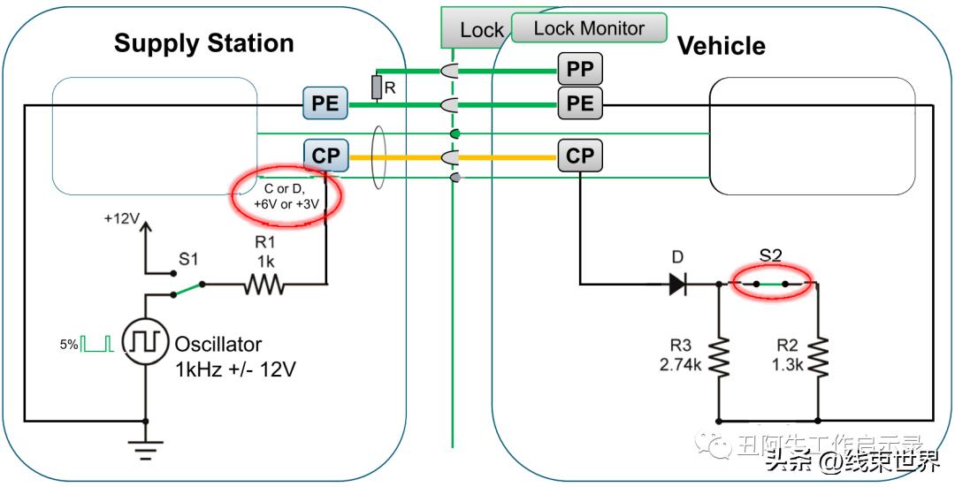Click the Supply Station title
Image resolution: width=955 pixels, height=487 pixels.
203,43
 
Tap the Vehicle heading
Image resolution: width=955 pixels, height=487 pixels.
721,46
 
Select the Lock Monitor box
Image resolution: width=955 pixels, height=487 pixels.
589,28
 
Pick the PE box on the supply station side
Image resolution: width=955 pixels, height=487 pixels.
325,103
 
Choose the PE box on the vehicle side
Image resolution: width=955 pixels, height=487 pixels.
580,103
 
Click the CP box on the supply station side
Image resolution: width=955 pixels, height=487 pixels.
325,156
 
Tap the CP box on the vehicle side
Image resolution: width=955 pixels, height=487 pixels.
580,156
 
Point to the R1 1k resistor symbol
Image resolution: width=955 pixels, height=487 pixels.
264,285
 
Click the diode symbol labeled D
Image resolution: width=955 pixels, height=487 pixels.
677,285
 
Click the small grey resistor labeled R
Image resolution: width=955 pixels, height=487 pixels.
378,87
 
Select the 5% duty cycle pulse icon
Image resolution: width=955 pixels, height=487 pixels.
98,344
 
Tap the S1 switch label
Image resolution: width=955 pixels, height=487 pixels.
188,259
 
